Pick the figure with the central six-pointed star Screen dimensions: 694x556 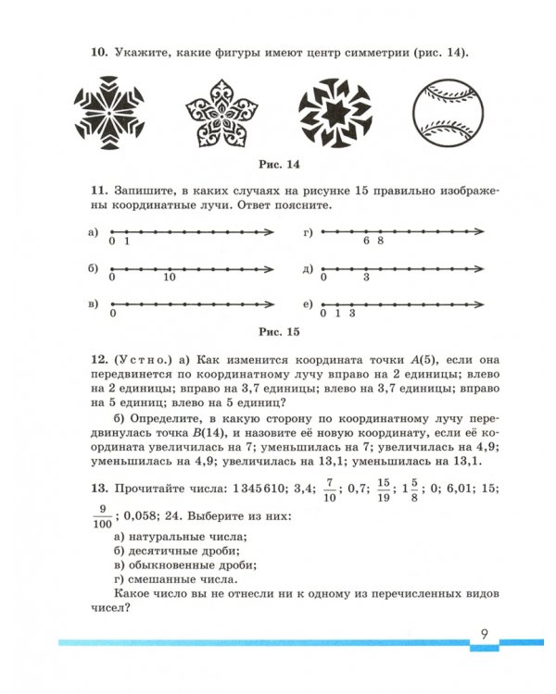(x=334, y=115)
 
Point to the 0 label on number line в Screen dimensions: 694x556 (x=111, y=314)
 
